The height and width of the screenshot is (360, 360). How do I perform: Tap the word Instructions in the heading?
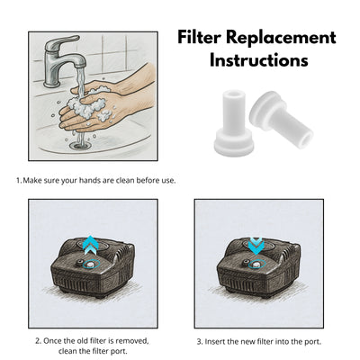(259, 61)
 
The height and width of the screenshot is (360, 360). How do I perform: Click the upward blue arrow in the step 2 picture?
(88, 243)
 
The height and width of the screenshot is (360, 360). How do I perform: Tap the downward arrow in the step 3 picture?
(256, 244)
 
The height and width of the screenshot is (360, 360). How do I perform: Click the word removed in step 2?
(132, 341)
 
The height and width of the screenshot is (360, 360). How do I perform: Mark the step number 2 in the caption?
(37, 341)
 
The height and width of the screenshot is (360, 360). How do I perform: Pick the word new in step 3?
(255, 342)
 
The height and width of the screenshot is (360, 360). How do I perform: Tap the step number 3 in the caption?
(198, 342)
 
